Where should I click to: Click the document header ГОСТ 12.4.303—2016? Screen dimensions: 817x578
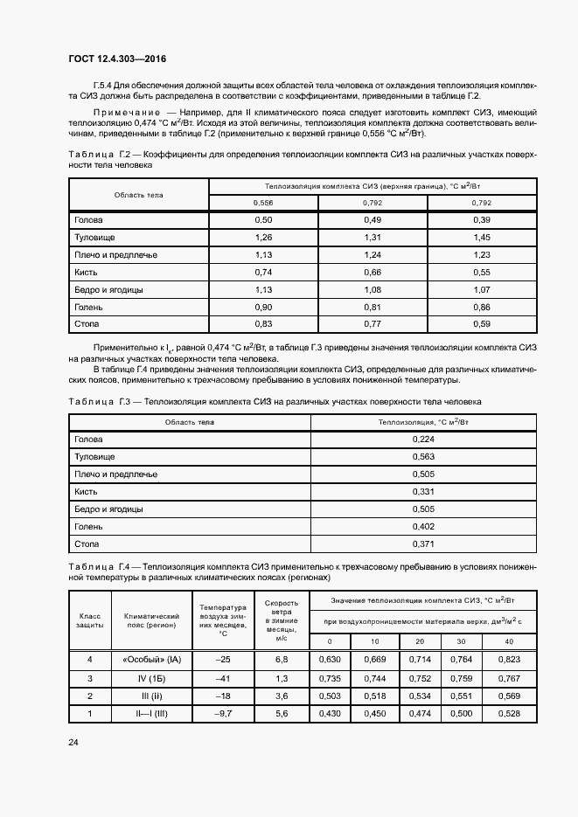(116, 59)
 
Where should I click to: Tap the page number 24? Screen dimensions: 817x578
(73, 743)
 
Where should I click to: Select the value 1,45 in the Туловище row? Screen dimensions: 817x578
(481, 237)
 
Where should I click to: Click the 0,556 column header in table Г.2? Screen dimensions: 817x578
(263, 203)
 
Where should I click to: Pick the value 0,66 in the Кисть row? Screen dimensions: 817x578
(373, 272)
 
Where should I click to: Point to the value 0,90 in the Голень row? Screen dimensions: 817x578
(263, 307)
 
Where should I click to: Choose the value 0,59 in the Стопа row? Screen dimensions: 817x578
(481, 324)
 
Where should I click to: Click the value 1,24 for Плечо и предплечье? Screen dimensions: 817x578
(373, 254)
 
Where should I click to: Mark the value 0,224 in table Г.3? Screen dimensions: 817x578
(423, 440)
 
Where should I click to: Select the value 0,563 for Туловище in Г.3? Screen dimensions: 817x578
(423, 457)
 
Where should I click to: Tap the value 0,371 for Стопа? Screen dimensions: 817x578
(423, 544)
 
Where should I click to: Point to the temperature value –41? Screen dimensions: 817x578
(223, 677)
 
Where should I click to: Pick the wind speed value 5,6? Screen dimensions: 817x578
(282, 713)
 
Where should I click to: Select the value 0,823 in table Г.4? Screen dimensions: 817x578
(507, 659)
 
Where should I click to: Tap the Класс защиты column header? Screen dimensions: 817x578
(90, 620)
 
